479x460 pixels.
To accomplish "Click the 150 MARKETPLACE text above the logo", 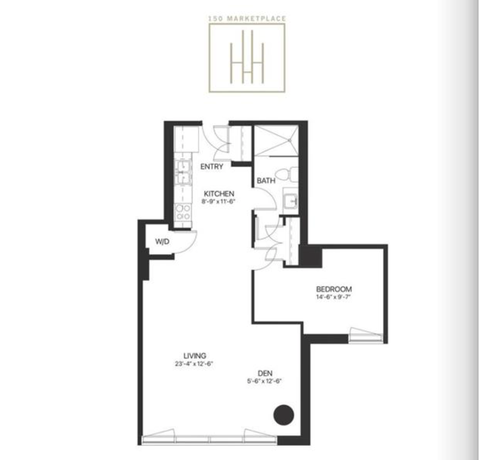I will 247,19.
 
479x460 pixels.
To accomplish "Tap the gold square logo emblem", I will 247,57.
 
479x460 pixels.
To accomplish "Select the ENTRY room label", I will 212,167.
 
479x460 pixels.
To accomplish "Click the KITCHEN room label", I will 219,194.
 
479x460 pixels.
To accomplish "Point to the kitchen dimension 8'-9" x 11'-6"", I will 219,201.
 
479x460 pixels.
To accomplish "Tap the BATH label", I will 266,181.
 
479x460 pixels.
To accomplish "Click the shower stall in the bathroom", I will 275,140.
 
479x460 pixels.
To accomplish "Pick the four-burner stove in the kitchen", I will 182,212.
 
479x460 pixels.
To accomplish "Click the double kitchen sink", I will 182,172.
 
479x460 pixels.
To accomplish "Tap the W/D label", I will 162,242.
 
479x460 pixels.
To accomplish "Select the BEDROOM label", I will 334,289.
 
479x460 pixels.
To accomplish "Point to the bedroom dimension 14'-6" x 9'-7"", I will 334,297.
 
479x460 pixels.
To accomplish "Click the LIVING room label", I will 195,356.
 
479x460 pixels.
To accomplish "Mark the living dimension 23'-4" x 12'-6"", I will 194,363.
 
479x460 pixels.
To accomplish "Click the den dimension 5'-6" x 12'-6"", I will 263,381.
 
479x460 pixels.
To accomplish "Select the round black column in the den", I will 283,414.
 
